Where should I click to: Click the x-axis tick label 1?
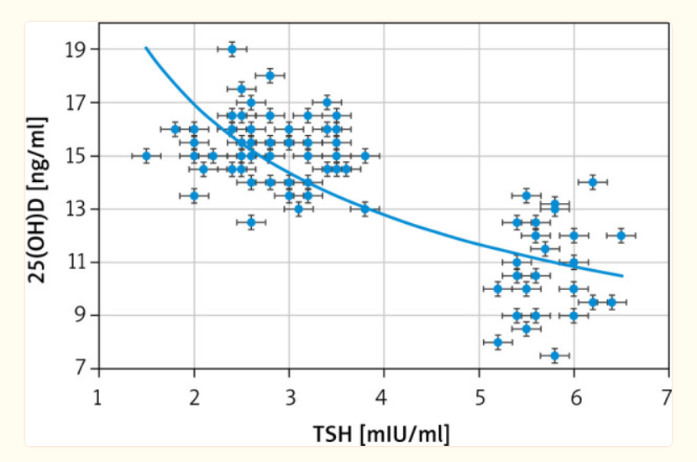[99, 395]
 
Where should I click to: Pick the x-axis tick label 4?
[384, 395]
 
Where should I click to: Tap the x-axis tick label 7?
[668, 395]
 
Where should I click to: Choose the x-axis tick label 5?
[479, 395]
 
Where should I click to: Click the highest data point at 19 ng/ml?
[232, 49]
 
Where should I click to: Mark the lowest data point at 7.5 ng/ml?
[555, 356]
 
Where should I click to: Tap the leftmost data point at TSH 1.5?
[146, 156]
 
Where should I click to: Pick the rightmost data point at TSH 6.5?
[621, 236]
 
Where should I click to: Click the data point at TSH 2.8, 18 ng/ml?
[270, 75]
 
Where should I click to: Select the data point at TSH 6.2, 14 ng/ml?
[593, 182]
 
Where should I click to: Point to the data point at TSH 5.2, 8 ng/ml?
[498, 342]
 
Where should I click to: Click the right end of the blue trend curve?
[622, 275]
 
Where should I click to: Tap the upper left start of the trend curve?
[146, 48]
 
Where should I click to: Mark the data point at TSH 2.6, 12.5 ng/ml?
[250, 222]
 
